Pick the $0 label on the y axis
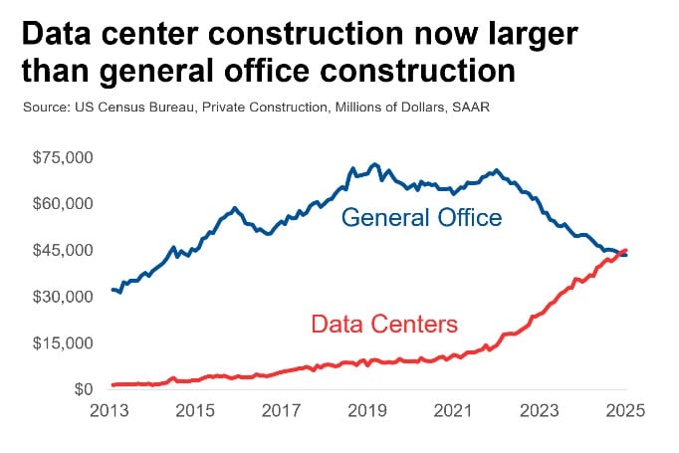(x=80, y=389)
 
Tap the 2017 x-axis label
(x=283, y=410)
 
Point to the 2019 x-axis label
(x=368, y=410)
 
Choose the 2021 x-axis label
(x=454, y=410)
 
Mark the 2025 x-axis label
(x=625, y=410)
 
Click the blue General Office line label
(x=421, y=218)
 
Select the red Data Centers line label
(x=383, y=324)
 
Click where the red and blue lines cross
(x=621, y=253)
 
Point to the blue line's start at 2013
(x=113, y=290)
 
